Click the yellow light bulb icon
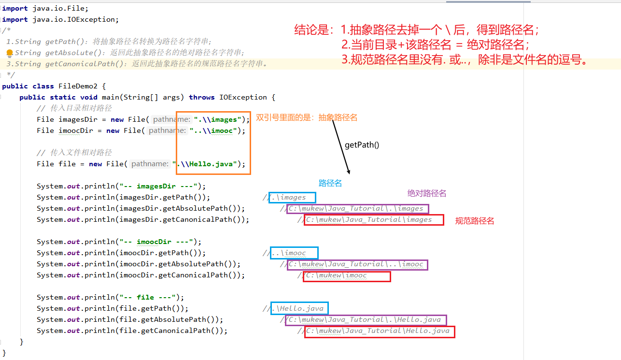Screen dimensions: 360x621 pyautogui.click(x=10, y=53)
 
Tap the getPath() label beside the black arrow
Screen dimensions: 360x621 pyautogui.click(x=362, y=144)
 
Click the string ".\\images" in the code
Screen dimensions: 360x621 pyautogui.click(x=218, y=119)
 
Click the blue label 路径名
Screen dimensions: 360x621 pyautogui.click(x=330, y=184)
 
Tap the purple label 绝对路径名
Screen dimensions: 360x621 pyautogui.click(x=427, y=193)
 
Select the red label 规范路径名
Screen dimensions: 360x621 pyautogui.click(x=475, y=221)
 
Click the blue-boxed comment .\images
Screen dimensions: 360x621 pyautogui.click(x=292, y=197)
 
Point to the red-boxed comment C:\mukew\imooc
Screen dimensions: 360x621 pyautogui.click(x=347, y=275)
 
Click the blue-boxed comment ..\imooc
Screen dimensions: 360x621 pyautogui.click(x=294, y=253)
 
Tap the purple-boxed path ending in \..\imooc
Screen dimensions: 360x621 pyautogui.click(x=357, y=264)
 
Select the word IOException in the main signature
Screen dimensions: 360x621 pyautogui.click(x=243, y=97)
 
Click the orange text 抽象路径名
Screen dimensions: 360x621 pyautogui.click(x=338, y=117)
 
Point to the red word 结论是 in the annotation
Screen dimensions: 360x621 pyautogui.click(x=311, y=30)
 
